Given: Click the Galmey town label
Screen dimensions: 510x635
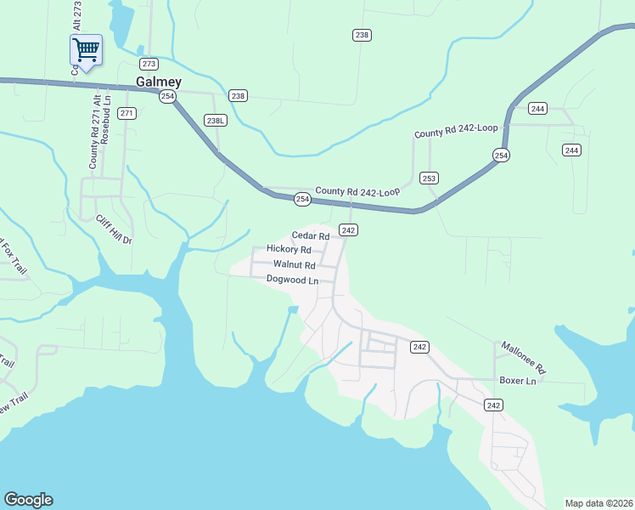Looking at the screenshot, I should (x=159, y=82).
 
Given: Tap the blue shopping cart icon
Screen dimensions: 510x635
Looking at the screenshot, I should (x=85, y=50).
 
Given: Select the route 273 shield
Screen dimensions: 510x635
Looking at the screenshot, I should (x=149, y=65).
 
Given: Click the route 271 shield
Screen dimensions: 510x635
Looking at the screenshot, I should (x=127, y=113).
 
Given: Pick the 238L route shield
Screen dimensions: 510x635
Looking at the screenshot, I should (x=216, y=121).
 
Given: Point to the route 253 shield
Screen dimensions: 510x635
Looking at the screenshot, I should (x=429, y=178).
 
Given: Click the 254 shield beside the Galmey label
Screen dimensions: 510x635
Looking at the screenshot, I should (x=168, y=97).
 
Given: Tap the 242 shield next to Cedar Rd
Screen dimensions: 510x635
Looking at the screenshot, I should (x=348, y=230).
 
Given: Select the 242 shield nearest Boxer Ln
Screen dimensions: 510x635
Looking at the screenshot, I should (x=494, y=405).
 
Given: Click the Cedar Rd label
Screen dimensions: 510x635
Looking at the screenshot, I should (x=310, y=235).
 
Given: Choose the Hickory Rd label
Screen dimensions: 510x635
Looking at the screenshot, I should (x=289, y=249).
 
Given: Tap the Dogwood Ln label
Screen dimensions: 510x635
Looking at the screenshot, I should (x=292, y=280).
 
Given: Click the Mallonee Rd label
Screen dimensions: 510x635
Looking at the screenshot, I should (x=522, y=358).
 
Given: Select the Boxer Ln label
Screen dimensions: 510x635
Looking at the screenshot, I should (x=518, y=381).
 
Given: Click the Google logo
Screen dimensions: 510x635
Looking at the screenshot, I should (x=28, y=500).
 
